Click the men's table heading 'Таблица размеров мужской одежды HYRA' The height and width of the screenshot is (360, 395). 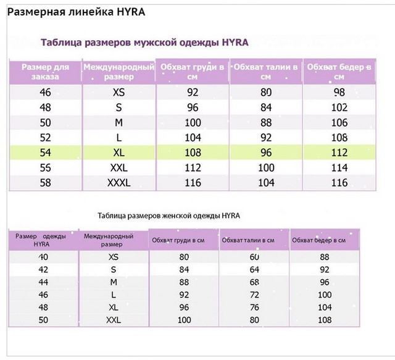pos(144,43)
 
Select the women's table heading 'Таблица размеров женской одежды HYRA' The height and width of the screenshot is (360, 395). pos(168,216)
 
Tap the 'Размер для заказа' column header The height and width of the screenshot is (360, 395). pos(45,72)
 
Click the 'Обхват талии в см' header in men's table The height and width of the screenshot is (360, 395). pos(266,72)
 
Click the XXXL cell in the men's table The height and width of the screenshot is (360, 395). pos(118,183)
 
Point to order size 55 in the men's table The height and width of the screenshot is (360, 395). pos(45,167)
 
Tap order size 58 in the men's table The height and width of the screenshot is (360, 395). pos(45,183)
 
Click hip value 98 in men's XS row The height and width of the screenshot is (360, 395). pos(339,93)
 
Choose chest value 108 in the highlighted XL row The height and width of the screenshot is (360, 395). pos(193,152)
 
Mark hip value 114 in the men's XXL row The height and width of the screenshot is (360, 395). pos(339,167)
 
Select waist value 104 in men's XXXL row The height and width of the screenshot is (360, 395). pos(266,183)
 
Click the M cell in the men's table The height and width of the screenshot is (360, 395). pos(118,122)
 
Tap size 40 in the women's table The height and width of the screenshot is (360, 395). pos(43,257)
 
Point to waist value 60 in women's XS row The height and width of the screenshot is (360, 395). pos(254,257)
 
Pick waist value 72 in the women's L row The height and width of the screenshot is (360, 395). pos(254,295)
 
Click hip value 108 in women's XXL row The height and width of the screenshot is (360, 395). pos(324,320)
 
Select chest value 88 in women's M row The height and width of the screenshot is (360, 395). pos(184,282)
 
